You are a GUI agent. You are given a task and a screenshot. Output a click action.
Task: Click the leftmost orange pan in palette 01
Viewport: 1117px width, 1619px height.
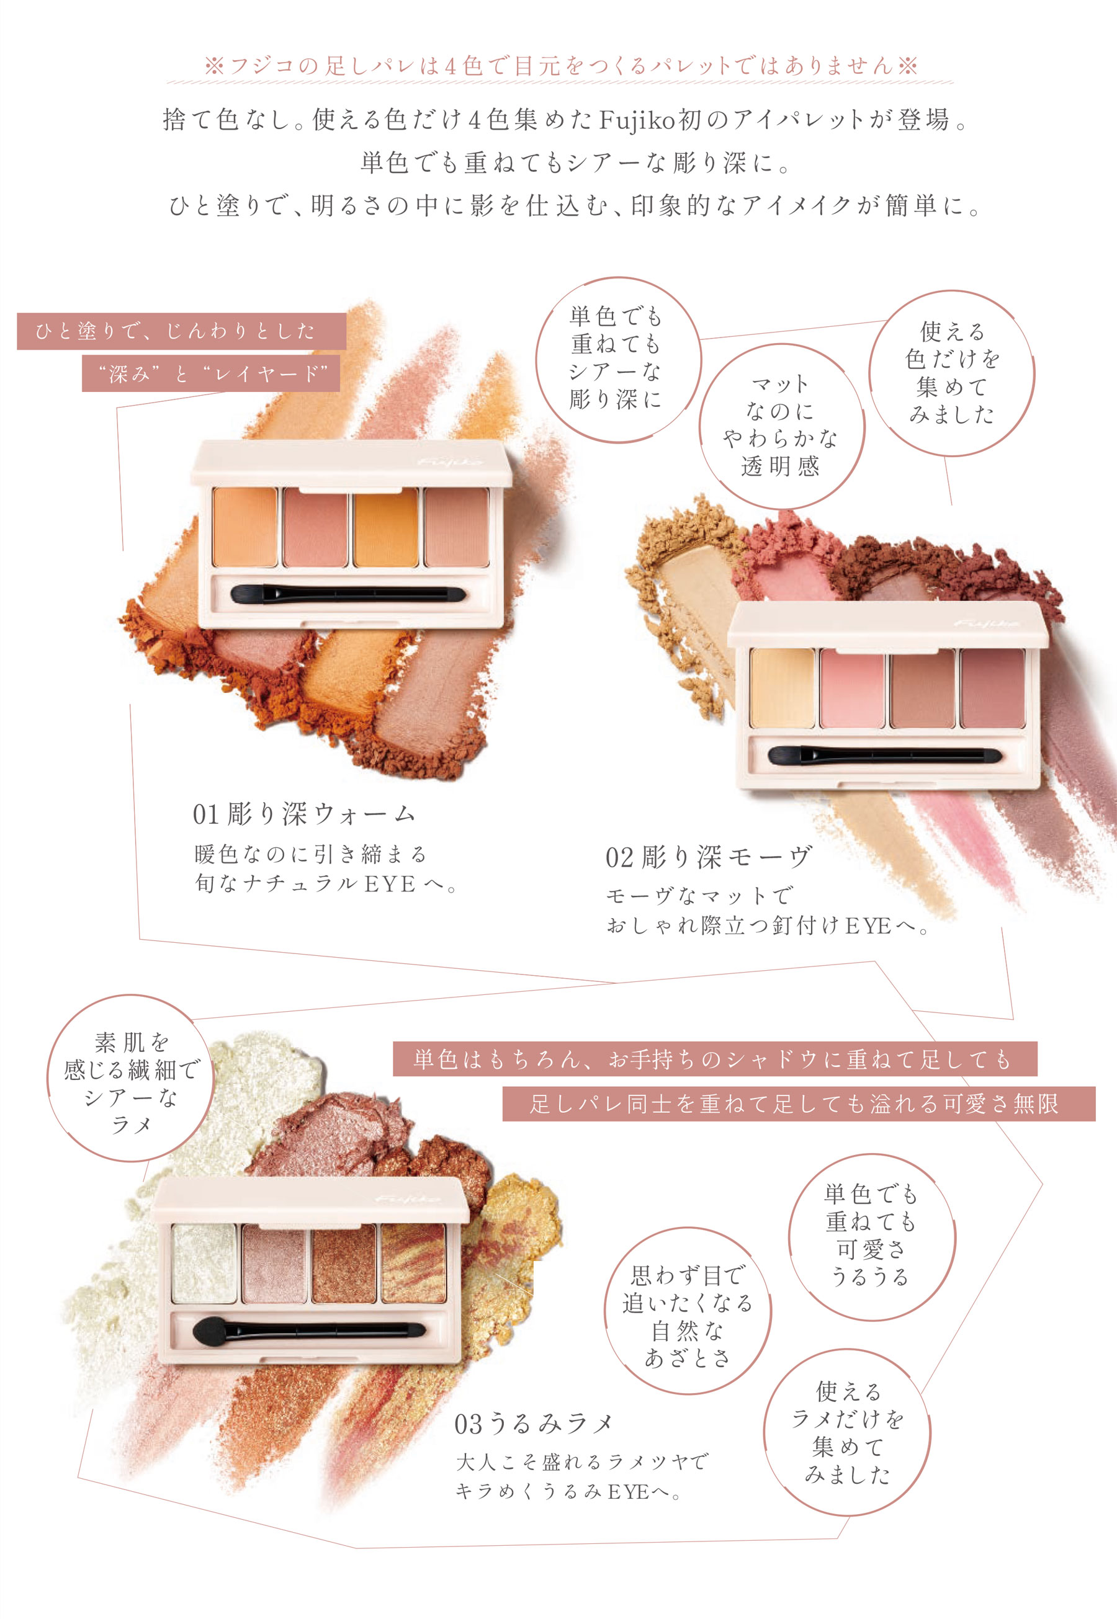(246, 527)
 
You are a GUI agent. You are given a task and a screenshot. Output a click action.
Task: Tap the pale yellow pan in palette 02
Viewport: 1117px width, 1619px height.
(783, 689)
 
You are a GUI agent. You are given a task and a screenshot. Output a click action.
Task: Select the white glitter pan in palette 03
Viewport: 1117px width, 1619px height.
(204, 1264)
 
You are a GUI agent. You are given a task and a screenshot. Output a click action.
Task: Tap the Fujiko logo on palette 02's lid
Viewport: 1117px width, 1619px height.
(986, 623)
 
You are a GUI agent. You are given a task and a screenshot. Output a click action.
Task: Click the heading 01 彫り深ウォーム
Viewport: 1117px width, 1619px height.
(305, 814)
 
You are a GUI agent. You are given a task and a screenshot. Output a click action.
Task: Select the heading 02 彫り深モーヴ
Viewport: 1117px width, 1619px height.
(708, 857)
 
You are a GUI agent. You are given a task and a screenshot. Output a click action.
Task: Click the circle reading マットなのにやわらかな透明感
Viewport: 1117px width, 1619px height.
(781, 426)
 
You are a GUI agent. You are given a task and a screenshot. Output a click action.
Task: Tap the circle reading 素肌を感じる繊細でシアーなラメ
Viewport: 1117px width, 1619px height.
(131, 1078)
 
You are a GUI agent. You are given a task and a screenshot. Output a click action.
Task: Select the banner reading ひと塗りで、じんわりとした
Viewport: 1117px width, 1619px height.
(181, 331)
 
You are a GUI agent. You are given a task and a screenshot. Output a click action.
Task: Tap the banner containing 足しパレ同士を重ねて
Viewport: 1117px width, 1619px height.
(799, 1104)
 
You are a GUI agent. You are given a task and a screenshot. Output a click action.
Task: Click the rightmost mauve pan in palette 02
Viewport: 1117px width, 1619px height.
(992, 689)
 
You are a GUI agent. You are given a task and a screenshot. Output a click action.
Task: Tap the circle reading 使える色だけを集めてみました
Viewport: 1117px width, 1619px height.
(952, 373)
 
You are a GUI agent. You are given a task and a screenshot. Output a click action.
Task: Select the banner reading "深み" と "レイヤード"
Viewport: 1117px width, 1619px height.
(210, 373)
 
